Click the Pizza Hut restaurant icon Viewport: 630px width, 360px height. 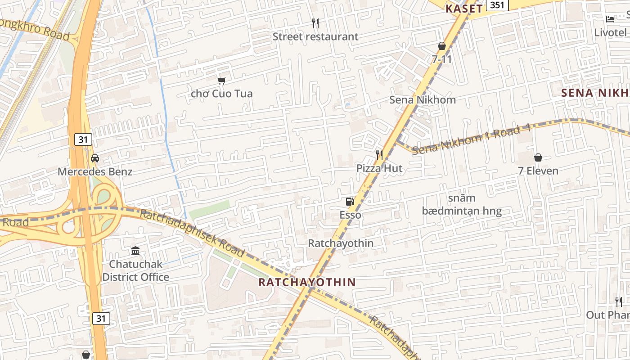379,155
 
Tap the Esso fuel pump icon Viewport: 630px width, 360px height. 350,202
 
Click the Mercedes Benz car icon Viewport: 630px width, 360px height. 95,158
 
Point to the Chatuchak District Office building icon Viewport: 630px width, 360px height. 135,251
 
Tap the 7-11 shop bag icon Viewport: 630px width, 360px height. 442,46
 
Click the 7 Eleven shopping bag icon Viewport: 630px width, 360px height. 538,157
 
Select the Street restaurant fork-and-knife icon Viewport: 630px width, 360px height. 315,23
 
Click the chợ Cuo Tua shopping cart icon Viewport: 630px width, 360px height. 221,81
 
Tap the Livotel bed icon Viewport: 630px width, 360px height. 610,19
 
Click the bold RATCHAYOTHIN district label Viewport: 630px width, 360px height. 307,282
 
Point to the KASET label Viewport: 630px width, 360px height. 464,8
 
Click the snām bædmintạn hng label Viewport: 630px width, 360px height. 462,204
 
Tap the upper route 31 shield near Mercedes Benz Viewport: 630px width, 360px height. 83,139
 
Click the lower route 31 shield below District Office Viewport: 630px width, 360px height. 101,319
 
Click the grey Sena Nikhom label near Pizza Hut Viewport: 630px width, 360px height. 423,99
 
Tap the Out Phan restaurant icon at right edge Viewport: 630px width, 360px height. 619,301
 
